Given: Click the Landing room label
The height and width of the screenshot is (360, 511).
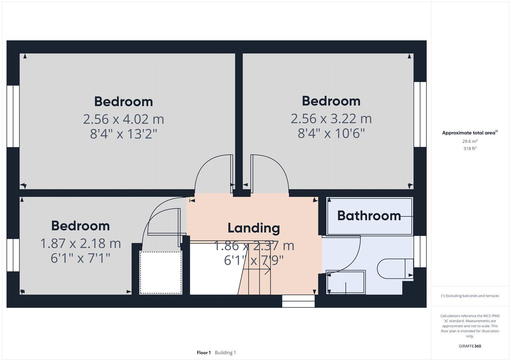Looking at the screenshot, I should click(x=254, y=228).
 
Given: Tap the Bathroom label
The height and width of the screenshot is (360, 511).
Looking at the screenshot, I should click(x=369, y=216).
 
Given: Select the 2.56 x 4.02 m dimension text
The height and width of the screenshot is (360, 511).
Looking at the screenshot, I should click(x=123, y=119).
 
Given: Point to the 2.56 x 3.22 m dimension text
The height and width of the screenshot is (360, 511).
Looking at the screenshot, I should click(x=331, y=119).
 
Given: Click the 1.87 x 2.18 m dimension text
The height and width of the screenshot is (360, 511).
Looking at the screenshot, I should click(x=80, y=244).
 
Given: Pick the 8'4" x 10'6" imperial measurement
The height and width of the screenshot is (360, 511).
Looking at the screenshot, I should click(x=331, y=133).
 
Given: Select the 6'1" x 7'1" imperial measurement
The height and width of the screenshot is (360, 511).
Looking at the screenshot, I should click(x=80, y=258).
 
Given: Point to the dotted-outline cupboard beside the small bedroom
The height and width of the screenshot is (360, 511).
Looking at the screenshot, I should click(x=161, y=272).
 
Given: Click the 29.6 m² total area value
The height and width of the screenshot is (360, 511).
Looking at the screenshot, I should click(x=470, y=141).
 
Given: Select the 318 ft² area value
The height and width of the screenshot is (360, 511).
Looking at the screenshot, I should click(x=470, y=148).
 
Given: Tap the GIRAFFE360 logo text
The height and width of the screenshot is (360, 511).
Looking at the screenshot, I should click(x=470, y=346).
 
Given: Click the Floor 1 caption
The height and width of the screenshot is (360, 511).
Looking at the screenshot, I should click(x=204, y=353).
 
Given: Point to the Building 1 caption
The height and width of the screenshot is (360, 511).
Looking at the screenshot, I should click(x=225, y=353).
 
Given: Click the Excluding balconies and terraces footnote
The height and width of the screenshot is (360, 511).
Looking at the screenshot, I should click(x=470, y=296).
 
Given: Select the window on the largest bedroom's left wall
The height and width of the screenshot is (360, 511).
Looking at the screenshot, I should click(x=13, y=116).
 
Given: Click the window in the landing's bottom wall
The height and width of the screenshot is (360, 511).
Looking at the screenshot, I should click(x=298, y=301).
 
